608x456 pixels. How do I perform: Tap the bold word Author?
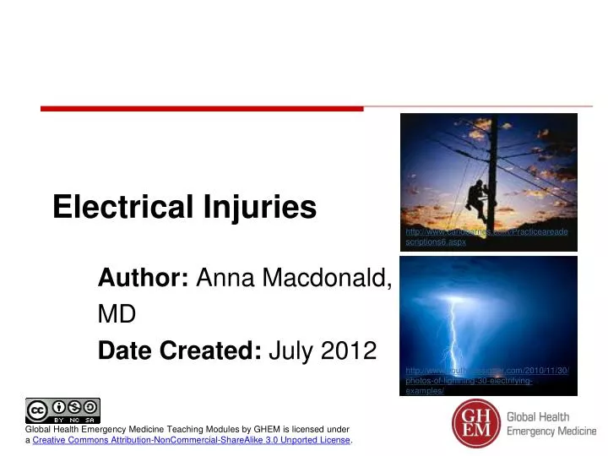(x=144, y=277)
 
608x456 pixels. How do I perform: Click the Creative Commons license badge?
(x=62, y=410)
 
